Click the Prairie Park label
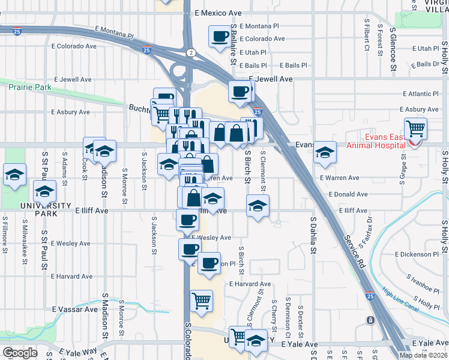click(x=30, y=87)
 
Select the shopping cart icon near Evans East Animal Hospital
click(x=415, y=128)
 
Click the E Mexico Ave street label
click(x=218, y=13)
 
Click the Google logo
click(x=19, y=353)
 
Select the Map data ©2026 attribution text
click(x=423, y=355)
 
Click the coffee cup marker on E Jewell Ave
click(x=240, y=91)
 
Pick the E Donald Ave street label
click(x=348, y=194)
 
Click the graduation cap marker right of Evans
click(x=325, y=153)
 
